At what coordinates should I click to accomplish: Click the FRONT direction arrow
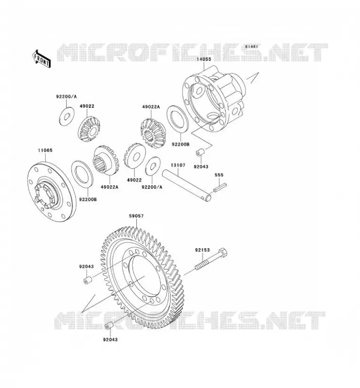41,59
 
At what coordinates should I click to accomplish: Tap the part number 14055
204,59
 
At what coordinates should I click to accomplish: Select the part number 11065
45,150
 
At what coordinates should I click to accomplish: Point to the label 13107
178,165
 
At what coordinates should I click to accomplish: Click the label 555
219,175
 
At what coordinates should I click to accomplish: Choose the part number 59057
136,216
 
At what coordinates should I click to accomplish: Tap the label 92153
202,250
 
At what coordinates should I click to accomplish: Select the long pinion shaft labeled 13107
187,186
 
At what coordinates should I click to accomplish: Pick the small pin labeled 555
220,187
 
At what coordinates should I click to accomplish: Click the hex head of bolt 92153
223,253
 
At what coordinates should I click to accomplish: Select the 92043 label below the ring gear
110,339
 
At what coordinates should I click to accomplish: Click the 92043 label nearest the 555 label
201,167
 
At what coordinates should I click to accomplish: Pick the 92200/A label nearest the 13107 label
152,187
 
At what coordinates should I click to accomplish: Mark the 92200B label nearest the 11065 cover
88,199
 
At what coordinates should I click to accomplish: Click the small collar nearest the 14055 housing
200,152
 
